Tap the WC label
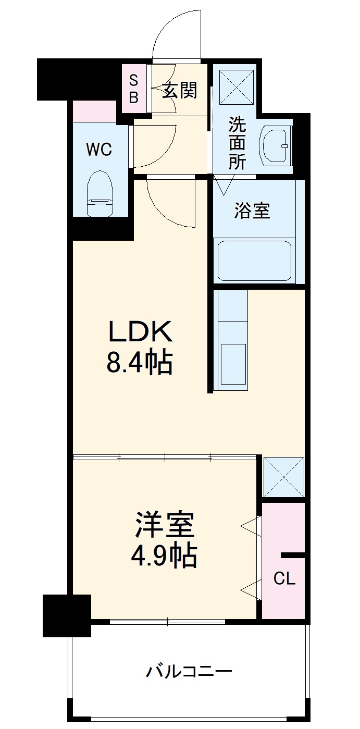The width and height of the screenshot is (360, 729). [x=99, y=150]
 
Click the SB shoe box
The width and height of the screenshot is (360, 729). [x=134, y=89]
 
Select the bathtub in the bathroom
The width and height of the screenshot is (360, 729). [x=254, y=260]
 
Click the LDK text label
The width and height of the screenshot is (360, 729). [x=139, y=331]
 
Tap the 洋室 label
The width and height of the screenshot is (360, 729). [x=165, y=525]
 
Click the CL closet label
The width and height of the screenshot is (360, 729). [x=284, y=578]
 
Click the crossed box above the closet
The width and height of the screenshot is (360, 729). [x=283, y=477]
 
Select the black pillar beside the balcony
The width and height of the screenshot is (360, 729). [x=67, y=615]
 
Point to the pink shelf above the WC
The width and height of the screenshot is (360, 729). [x=94, y=110]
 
